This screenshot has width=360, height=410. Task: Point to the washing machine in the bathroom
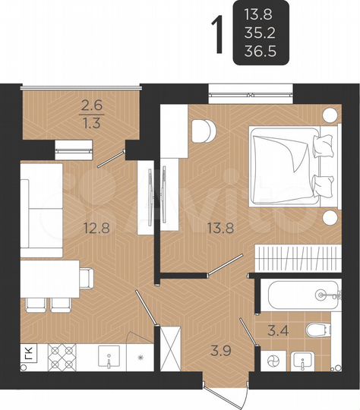point(271,360)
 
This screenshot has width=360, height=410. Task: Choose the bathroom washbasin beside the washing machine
point(307,361)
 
